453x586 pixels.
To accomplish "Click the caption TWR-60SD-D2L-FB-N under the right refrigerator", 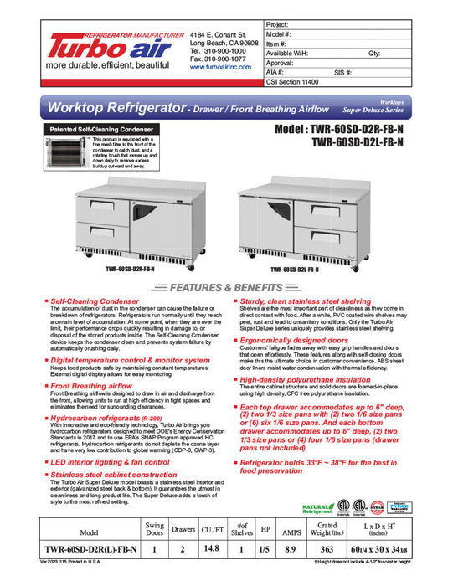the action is point(293,270).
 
